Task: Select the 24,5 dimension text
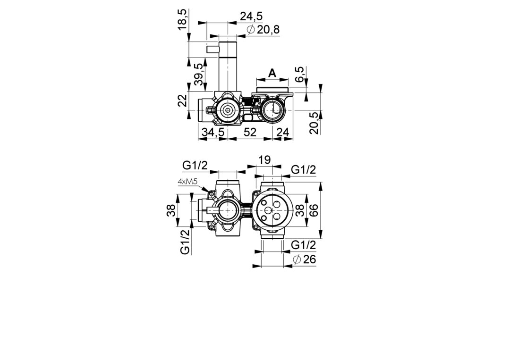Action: click(251, 16)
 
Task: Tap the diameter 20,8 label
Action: click(263, 30)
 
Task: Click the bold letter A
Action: click(272, 73)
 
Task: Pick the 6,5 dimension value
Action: click(300, 75)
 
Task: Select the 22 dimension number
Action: click(182, 100)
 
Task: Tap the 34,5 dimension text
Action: click(213, 132)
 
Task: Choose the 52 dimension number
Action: click(250, 132)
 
